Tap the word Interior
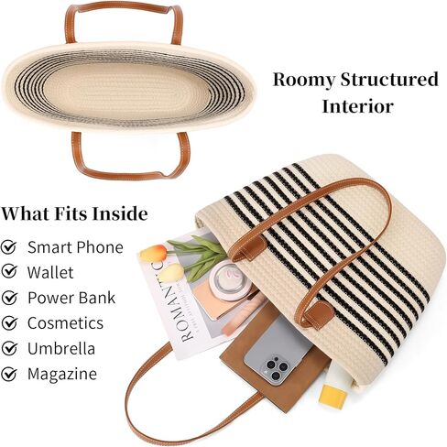[357, 107]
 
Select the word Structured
[389, 79]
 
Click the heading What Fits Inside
[74, 213]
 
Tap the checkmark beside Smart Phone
[9, 246]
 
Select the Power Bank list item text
[71, 298]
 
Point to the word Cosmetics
[65, 323]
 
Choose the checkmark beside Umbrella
[9, 348]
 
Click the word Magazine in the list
[62, 374]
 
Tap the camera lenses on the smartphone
[276, 367]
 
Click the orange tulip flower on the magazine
[153, 253]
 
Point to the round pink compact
[232, 277]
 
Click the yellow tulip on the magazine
[171, 273]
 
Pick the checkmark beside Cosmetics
[9, 322]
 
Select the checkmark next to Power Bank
[9, 297]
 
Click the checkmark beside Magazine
[9, 373]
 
